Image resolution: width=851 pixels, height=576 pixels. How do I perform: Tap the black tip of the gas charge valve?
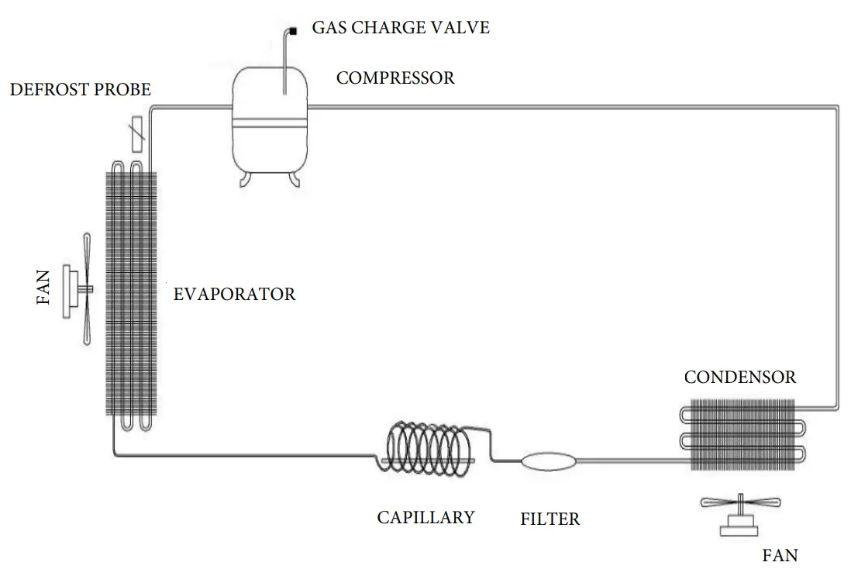coord(294,30)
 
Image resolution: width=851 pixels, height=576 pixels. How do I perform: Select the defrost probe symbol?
coord(136,133)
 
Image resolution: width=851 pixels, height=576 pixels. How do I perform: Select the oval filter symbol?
coord(549,461)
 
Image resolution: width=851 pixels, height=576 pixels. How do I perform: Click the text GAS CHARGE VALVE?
coord(401,29)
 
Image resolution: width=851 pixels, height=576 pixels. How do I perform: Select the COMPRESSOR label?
coord(395,78)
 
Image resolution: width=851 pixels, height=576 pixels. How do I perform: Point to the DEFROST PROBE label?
coord(80,90)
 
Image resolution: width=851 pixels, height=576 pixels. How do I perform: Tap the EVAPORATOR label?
coord(234,295)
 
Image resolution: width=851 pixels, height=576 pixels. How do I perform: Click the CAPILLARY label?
coord(425,517)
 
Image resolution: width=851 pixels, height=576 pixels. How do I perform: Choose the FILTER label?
coord(550,519)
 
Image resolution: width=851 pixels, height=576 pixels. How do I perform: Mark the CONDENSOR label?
coord(739,378)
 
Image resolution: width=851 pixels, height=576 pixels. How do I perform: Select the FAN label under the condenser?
coord(780,555)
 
